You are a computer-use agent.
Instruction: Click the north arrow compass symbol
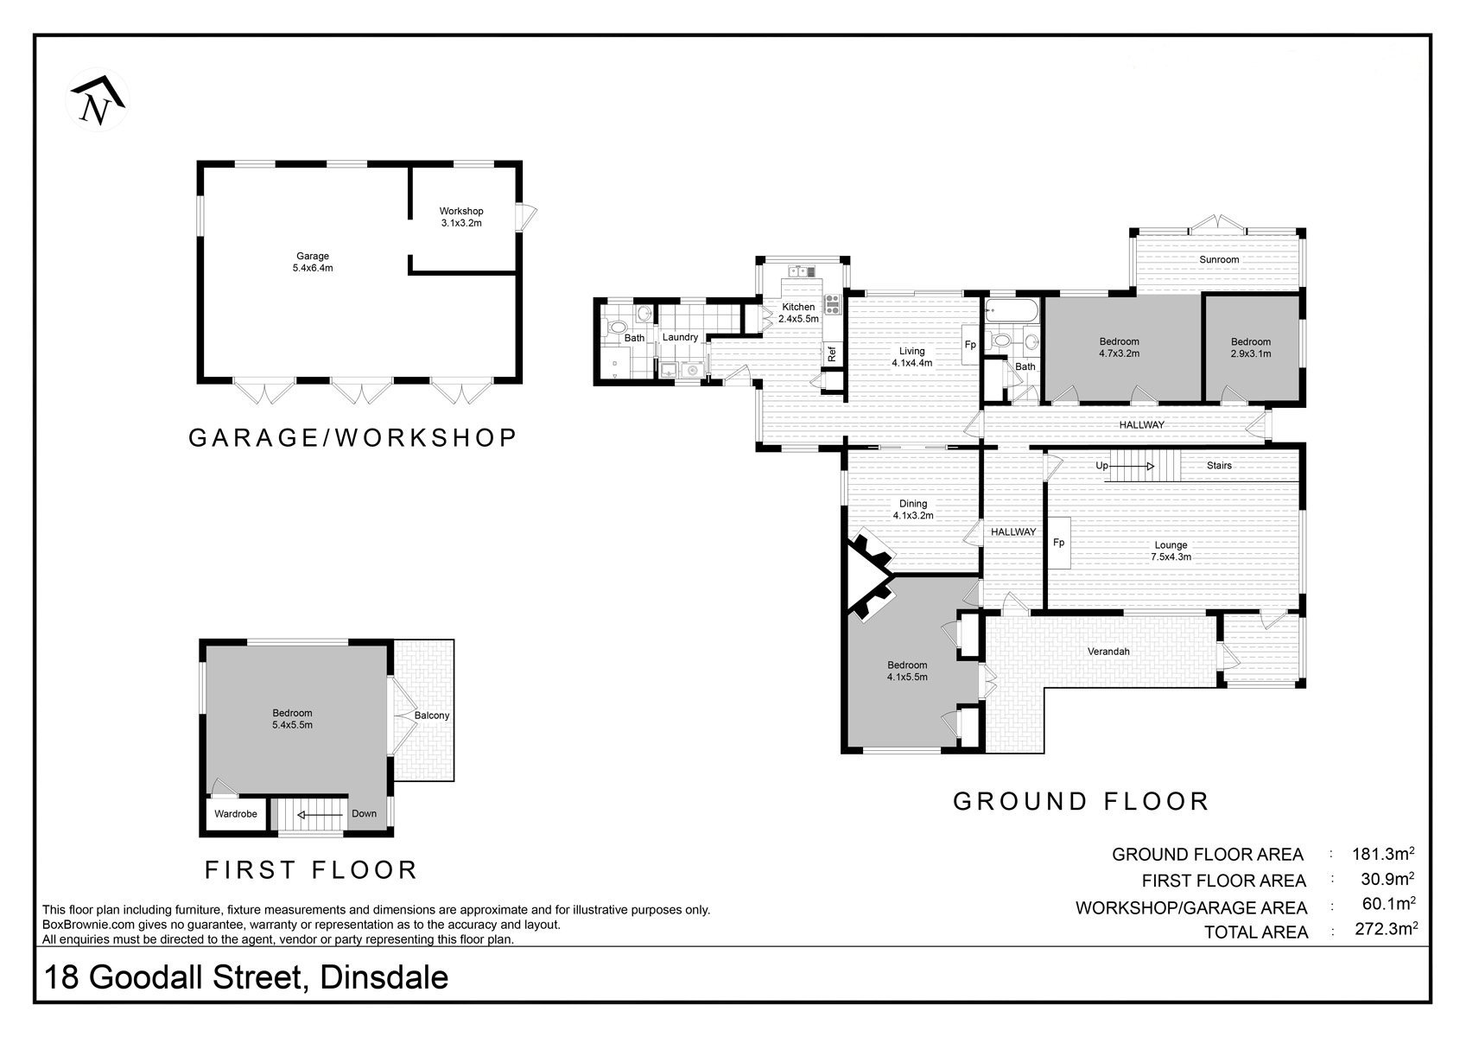97,100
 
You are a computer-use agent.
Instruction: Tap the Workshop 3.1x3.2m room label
461,217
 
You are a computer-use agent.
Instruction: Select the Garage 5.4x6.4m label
313,262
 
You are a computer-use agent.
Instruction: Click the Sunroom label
1219,259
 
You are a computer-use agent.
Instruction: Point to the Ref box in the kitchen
832,354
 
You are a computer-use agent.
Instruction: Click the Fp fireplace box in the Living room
970,344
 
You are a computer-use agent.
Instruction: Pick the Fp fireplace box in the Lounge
1058,542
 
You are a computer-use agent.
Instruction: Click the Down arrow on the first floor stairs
320,815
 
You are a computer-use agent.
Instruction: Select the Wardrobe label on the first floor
236,814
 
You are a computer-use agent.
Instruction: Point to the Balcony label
432,716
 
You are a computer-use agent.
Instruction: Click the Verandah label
1108,652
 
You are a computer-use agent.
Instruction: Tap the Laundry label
680,337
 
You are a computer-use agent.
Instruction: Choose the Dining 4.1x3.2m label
913,509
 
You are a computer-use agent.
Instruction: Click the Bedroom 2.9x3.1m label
1251,347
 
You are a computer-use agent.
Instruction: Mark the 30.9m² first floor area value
1387,879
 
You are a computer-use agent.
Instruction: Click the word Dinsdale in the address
384,977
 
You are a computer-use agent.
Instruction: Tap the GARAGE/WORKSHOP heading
352,438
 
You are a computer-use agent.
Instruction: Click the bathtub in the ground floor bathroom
1012,310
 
